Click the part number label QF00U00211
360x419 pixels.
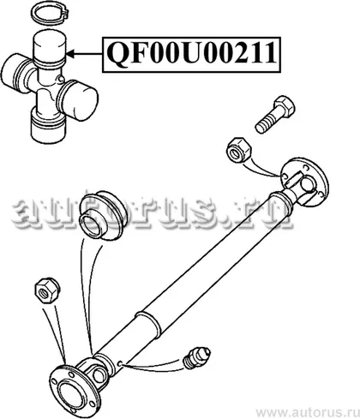point(191,53)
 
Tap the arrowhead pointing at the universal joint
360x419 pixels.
point(71,53)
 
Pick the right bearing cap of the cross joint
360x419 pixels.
point(78,100)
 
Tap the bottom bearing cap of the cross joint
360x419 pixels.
point(48,126)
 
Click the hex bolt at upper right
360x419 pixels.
point(275,114)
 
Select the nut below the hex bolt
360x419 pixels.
point(239,150)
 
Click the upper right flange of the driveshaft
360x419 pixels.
point(304,182)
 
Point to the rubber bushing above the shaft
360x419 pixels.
point(100,214)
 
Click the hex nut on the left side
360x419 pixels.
point(47,290)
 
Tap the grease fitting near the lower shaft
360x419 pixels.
point(196,357)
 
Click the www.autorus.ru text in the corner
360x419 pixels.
point(307,412)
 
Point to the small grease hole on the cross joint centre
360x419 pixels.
point(60,79)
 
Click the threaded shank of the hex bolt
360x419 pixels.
point(267,122)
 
